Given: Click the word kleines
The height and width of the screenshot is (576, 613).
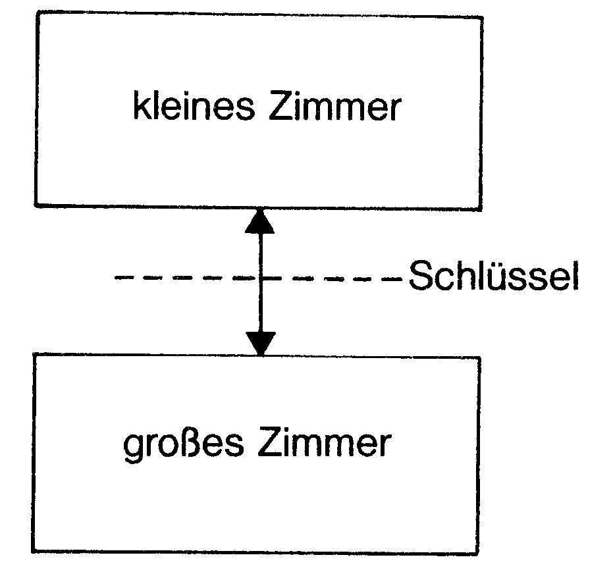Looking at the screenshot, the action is [194, 105].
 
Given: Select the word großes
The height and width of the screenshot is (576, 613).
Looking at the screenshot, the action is [183, 445].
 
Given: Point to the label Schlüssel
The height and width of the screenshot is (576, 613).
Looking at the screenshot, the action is [493, 276].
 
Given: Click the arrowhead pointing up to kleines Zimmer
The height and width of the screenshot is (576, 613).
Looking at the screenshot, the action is [259, 222].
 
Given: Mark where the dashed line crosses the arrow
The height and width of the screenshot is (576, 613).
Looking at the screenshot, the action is [260, 278].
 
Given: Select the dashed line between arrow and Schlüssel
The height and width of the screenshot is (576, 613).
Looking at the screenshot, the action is [332, 278].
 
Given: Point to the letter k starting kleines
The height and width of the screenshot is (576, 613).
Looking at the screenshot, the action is [141, 105].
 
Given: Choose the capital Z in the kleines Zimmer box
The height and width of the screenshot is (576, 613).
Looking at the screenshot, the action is [280, 106].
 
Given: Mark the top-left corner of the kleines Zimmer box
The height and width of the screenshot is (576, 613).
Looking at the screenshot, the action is [38, 12].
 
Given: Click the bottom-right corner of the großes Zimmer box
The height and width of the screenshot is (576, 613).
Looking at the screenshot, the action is [479, 554].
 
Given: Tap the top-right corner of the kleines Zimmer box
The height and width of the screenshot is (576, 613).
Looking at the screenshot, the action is [483, 17].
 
